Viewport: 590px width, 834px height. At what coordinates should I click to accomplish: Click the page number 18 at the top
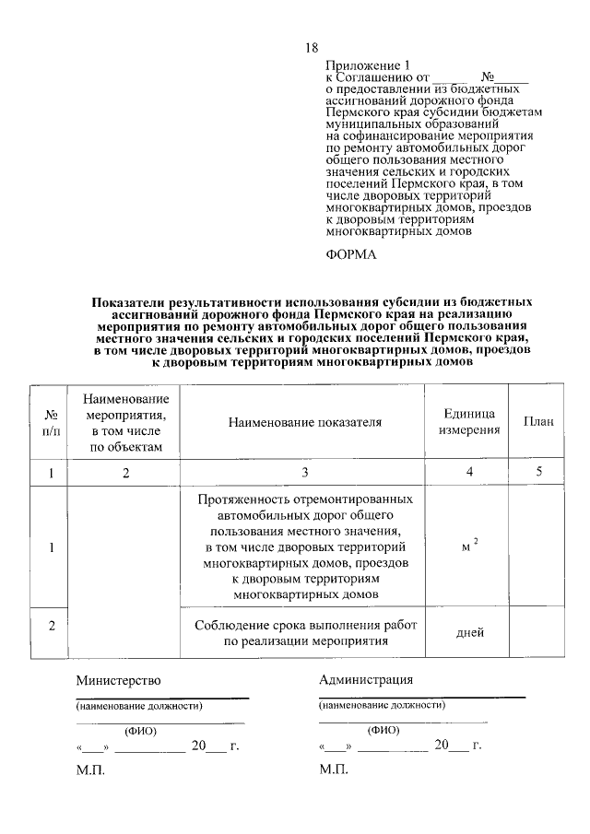pyautogui.click(x=312, y=48)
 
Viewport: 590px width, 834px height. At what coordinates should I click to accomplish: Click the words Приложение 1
pyautogui.click(x=365, y=65)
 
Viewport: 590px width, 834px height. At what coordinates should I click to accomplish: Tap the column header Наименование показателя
pyautogui.click(x=306, y=422)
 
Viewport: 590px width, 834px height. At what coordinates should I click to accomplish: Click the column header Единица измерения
pyautogui.click(x=469, y=422)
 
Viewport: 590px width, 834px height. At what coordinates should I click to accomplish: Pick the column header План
pyautogui.click(x=538, y=422)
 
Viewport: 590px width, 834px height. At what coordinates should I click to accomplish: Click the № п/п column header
pyautogui.click(x=52, y=422)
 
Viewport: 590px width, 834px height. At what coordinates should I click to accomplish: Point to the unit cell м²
pyautogui.click(x=469, y=546)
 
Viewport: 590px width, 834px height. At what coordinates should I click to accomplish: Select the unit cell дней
pyautogui.click(x=469, y=632)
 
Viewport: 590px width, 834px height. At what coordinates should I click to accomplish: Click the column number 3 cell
pyautogui.click(x=306, y=473)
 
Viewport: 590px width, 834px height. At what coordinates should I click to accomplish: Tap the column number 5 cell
pyautogui.click(x=538, y=473)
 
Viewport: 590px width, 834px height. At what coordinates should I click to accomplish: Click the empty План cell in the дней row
pyautogui.click(x=538, y=632)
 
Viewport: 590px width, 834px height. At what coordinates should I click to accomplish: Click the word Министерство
pyautogui.click(x=118, y=681)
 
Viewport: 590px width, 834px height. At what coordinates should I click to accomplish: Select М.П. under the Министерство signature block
pyautogui.click(x=91, y=769)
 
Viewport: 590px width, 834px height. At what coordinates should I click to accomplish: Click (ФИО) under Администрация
pyautogui.click(x=383, y=730)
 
